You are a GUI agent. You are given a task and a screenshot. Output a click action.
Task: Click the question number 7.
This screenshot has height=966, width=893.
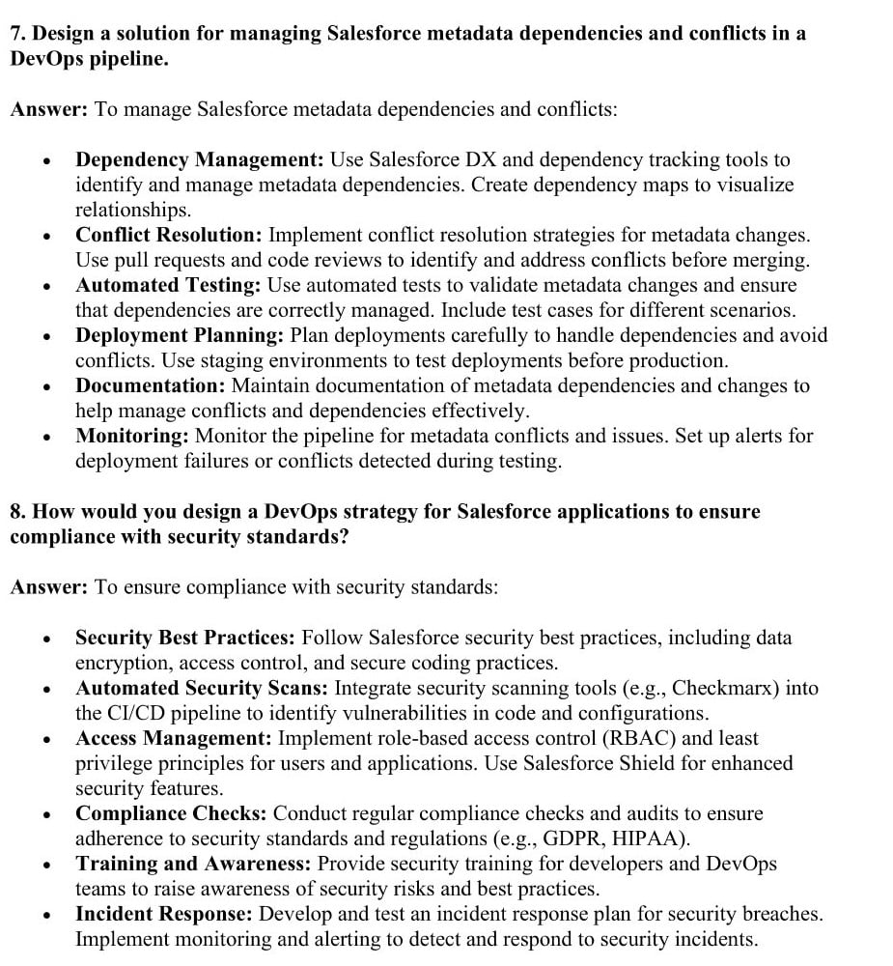point(16,34)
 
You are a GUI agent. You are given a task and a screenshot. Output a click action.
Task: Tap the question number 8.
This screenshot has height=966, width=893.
point(16,512)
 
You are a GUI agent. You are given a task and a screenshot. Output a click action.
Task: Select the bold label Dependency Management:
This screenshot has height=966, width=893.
point(200,159)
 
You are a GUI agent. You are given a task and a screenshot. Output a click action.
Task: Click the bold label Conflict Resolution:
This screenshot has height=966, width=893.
point(169,235)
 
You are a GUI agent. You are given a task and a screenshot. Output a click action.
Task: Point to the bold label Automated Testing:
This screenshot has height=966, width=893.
point(168,285)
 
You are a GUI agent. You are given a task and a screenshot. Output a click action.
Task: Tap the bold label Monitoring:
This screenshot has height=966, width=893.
point(132,436)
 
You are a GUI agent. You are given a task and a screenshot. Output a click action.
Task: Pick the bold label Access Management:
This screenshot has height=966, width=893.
point(174,738)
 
